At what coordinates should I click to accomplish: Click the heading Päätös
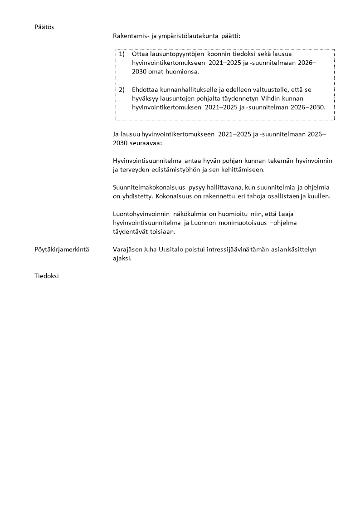coord(44,27)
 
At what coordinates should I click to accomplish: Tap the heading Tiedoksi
coord(47,275)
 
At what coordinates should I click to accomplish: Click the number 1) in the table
coord(122,54)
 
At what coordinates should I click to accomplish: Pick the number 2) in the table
coord(122,89)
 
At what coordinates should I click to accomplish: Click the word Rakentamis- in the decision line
coord(130,35)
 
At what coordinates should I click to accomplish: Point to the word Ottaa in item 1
coord(140,54)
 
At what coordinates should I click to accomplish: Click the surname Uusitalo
coord(167,249)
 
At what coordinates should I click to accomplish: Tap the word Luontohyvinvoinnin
coord(141,213)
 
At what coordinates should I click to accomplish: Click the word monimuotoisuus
coord(232,222)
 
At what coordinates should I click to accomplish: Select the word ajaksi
coord(122,258)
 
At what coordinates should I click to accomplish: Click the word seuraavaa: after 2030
coord(146,142)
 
